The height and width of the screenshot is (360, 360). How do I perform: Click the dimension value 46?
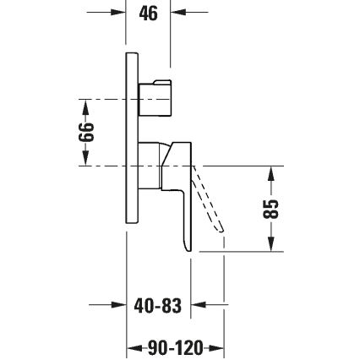[x=149, y=14]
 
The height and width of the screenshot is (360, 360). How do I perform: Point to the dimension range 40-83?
[x=159, y=306]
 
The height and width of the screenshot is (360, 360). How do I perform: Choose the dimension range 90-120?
[x=174, y=347]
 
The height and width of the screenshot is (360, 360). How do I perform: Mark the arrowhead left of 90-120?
[x=131, y=347]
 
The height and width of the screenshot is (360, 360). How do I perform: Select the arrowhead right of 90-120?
[x=219, y=347]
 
